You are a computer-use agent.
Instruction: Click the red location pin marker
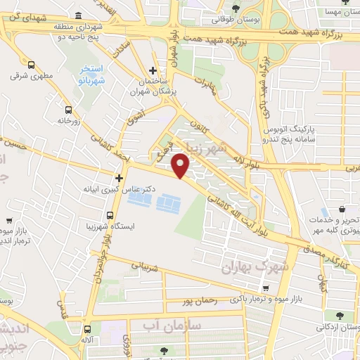(x=181, y=165)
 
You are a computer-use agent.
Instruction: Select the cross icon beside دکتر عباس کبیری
(x=120, y=178)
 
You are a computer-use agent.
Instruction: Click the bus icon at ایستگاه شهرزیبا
(x=110, y=215)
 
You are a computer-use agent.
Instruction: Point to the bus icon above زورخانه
(x=68, y=110)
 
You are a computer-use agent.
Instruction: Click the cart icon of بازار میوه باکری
(x=265, y=288)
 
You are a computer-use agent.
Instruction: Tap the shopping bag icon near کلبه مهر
(x=342, y=209)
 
